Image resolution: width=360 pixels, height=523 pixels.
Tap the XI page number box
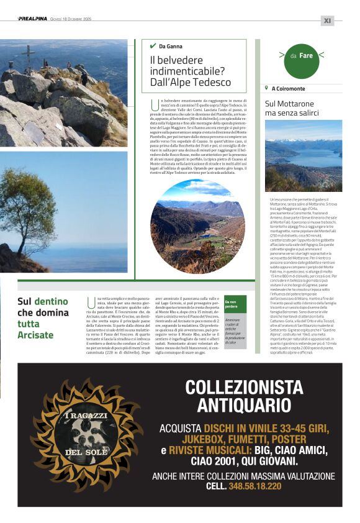pos(328,20)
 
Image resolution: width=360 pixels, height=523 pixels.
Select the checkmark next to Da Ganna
pos(153,46)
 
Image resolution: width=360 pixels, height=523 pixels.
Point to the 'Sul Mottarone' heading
pos(289,103)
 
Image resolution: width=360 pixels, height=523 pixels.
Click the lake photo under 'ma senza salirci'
pos(303,155)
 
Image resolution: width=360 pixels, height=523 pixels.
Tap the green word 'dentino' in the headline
pos(51,301)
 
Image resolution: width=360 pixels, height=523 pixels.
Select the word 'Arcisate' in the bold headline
pos(35,335)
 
